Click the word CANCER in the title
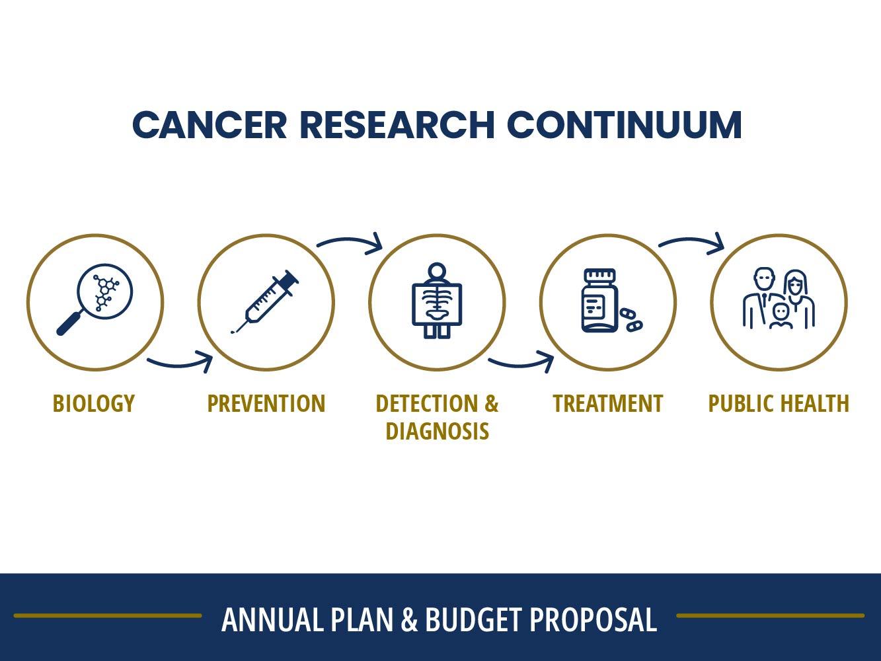tap(210, 124)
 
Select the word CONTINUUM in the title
tap(624, 124)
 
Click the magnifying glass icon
tap(95, 301)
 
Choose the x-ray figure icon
tap(436, 301)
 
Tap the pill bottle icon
tap(599, 301)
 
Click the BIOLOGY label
tap(94, 403)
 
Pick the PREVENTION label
tap(266, 403)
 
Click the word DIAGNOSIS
tap(437, 431)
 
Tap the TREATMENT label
tap(607, 403)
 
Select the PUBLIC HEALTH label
tap(779, 403)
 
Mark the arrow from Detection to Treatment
tap(521, 363)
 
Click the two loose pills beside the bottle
tap(631, 319)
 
